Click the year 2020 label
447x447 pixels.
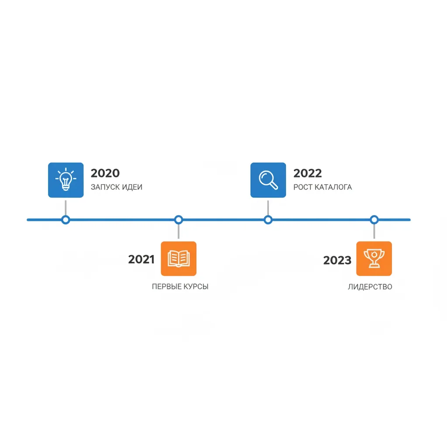tap(105, 173)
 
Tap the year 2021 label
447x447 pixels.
tap(141, 259)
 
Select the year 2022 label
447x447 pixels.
tap(308, 173)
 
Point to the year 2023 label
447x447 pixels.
tap(337, 260)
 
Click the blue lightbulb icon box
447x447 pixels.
tap(66, 180)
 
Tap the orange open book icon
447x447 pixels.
tap(179, 258)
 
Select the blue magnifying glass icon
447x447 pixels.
tap(268, 180)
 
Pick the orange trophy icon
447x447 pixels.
tap(374, 258)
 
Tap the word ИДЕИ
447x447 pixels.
tap(132, 187)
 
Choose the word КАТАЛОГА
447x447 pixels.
tap(334, 187)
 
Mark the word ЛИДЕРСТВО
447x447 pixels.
tap(370, 287)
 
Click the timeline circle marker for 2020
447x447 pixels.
tap(65, 220)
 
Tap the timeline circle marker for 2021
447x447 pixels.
tap(179, 220)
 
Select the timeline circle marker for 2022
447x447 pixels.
tap(268, 220)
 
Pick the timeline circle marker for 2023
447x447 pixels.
tap(374, 220)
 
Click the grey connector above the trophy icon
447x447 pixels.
tap(374, 231)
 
